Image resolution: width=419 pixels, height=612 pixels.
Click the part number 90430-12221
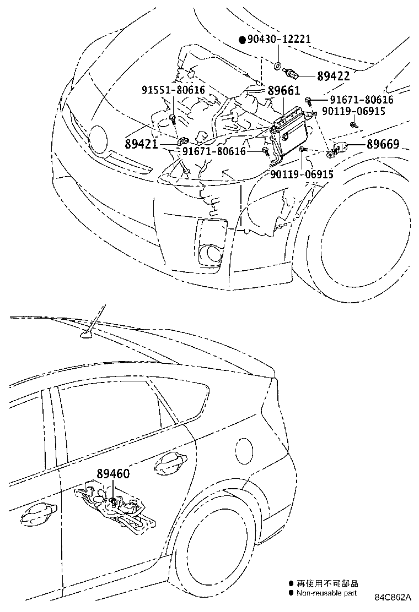point(279,40)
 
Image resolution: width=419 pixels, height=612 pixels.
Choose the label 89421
point(141,144)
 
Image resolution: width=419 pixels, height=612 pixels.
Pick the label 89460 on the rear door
point(113,473)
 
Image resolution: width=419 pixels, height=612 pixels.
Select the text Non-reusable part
point(326,593)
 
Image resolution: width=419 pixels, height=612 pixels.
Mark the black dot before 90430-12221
point(242,40)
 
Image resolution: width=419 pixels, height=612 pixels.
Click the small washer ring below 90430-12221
point(276,67)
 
